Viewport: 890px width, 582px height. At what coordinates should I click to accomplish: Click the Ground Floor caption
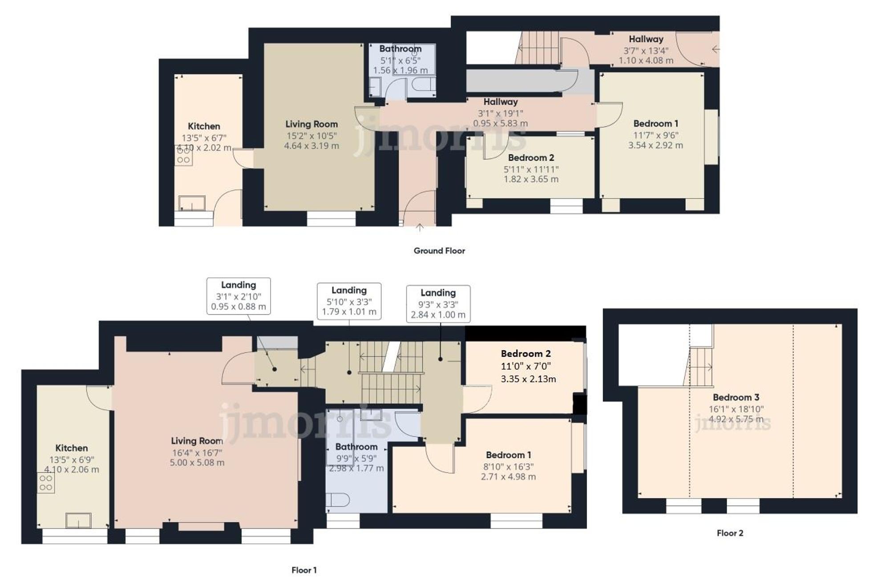click(439, 251)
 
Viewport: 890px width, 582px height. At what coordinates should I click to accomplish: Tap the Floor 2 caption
click(730, 533)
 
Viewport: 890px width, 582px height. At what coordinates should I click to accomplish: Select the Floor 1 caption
click(304, 570)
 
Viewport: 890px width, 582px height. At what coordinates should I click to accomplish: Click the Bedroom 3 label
click(736, 397)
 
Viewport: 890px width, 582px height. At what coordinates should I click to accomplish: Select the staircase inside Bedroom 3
click(700, 366)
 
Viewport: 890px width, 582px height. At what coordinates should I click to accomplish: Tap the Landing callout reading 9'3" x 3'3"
click(438, 304)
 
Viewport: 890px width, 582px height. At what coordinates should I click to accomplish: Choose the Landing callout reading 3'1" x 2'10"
click(239, 296)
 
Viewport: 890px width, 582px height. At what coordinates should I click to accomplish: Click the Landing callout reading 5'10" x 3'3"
click(349, 301)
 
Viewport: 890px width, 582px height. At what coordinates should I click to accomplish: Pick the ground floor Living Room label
click(311, 124)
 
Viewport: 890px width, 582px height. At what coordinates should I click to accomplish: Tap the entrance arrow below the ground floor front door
click(419, 228)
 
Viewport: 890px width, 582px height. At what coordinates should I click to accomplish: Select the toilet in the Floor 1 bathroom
click(335, 499)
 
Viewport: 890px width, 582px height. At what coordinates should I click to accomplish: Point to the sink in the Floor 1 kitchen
click(78, 520)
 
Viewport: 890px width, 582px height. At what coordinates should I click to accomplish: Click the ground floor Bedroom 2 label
click(531, 158)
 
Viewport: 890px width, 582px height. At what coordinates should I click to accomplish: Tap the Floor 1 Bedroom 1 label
click(508, 455)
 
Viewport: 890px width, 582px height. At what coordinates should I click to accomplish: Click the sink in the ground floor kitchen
click(192, 203)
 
